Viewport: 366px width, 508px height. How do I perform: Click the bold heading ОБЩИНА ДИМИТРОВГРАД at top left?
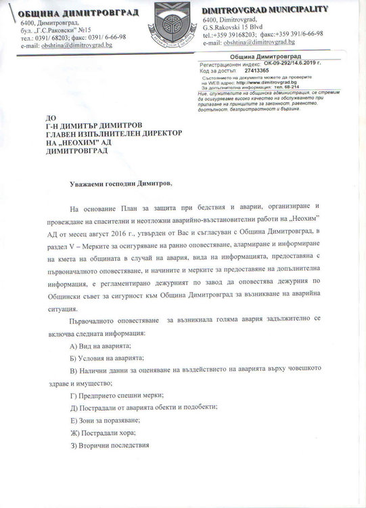tap(79, 13)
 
